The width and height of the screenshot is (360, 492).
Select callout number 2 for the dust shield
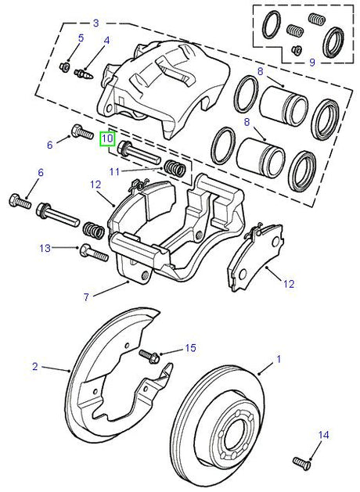(x=34, y=366)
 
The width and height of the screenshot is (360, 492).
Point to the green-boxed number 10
(x=106, y=140)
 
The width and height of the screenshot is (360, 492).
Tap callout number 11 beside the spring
(x=114, y=171)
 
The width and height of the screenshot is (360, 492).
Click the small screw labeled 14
(x=301, y=461)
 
